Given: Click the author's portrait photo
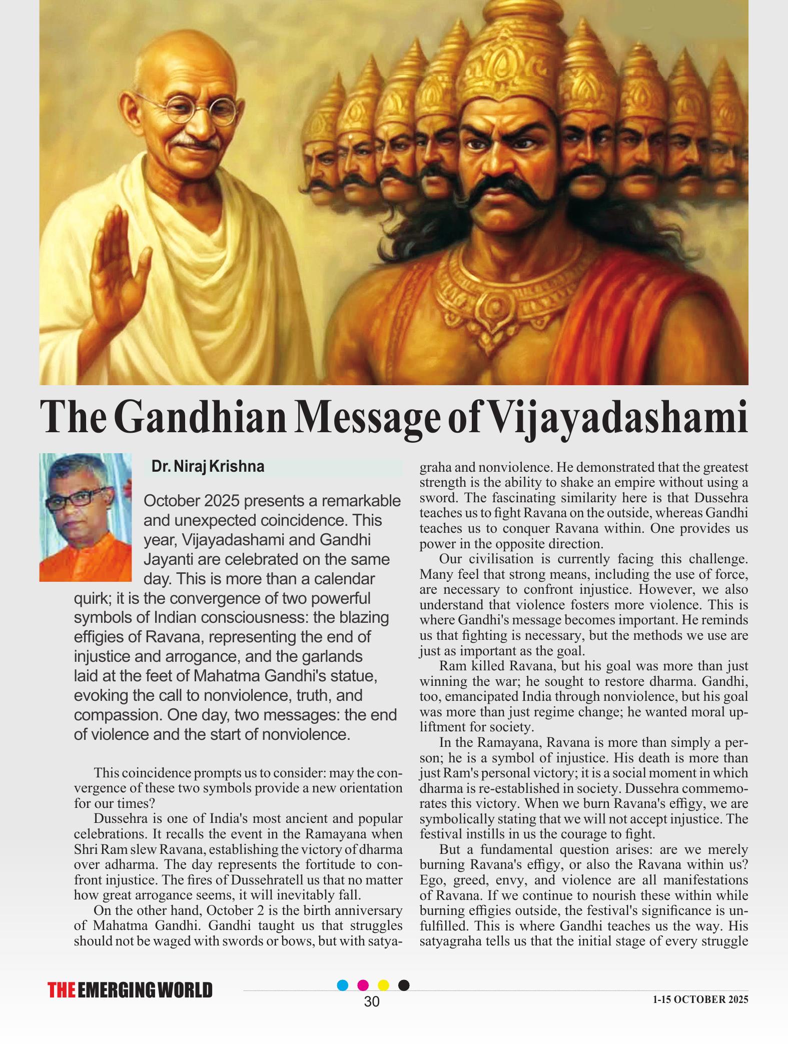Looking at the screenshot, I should pos(86,517).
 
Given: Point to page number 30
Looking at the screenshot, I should pos(372,1001).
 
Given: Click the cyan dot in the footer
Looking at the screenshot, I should pos(343,985).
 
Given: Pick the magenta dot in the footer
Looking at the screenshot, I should pos(363,985).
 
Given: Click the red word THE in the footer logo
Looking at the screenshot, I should pos(62,990).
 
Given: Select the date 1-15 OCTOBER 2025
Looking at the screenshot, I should pos(700,999).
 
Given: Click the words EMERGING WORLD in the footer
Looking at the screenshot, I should pos(146,990).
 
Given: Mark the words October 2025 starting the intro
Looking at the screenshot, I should pos(189,501).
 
